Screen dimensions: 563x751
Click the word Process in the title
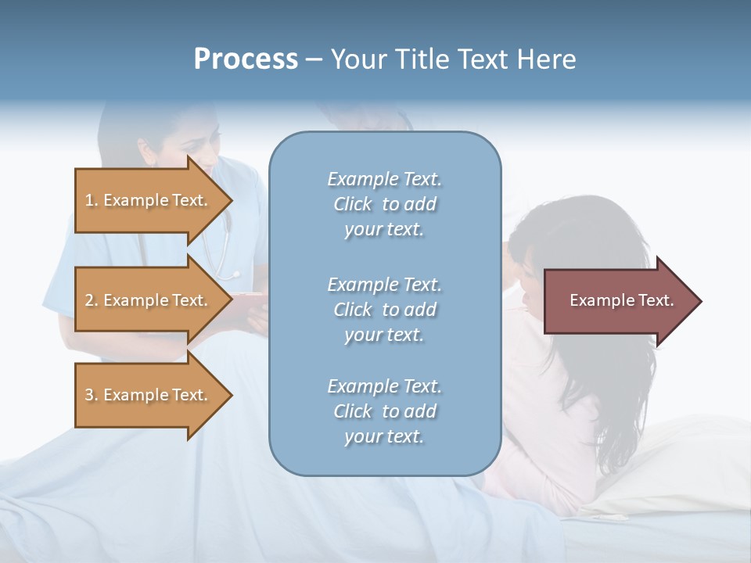point(246,59)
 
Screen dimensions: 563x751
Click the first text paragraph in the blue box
point(384,204)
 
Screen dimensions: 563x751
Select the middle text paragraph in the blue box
point(384,310)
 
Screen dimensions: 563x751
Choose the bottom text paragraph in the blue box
point(384,411)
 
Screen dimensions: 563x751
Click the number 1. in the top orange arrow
point(92,200)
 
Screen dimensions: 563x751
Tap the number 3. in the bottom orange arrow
point(92,395)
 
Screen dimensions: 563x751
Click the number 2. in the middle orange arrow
point(92,300)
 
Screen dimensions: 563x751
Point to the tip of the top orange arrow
point(231,200)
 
